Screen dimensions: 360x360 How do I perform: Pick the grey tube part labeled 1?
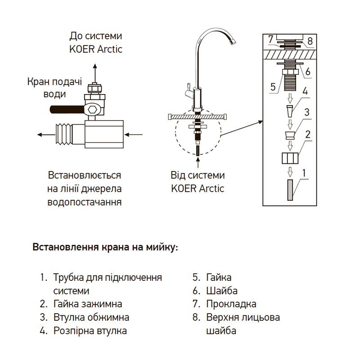(x=290, y=189)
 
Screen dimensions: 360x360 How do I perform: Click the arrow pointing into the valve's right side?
(x=135, y=134)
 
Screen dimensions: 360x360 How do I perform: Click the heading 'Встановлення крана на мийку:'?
(x=105, y=248)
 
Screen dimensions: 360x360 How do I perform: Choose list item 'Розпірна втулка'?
(x=90, y=331)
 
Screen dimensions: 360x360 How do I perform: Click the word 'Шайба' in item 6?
(x=222, y=291)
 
